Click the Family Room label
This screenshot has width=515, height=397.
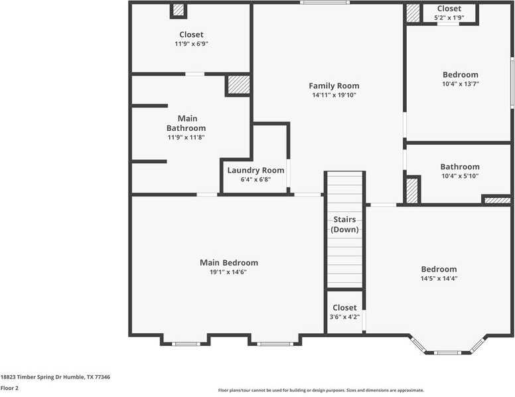click(334, 86)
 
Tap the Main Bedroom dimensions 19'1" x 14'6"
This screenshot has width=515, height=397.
click(228, 272)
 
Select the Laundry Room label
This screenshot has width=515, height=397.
click(256, 170)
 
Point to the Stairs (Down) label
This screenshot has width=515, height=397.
click(344, 224)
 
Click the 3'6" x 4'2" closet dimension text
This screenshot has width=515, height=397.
click(344, 317)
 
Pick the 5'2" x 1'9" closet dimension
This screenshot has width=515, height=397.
click(449, 18)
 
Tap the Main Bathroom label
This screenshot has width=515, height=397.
click(186, 123)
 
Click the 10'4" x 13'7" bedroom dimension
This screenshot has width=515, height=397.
click(461, 84)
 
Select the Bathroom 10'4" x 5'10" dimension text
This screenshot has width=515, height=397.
click(460, 176)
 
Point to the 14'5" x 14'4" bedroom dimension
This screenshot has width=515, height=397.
click(439, 278)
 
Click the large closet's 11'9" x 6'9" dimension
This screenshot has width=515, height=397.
click(192, 44)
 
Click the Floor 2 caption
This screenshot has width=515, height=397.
click(9, 388)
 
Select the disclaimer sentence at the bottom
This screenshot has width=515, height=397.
click(321, 390)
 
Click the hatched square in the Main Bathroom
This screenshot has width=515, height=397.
click(239, 85)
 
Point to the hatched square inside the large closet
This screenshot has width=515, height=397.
click(179, 9)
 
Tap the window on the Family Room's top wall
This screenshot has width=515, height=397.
click(325, 2)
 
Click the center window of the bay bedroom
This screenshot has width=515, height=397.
click(447, 353)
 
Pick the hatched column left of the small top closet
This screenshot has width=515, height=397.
click(413, 13)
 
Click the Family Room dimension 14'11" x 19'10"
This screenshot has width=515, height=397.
click(334, 96)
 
